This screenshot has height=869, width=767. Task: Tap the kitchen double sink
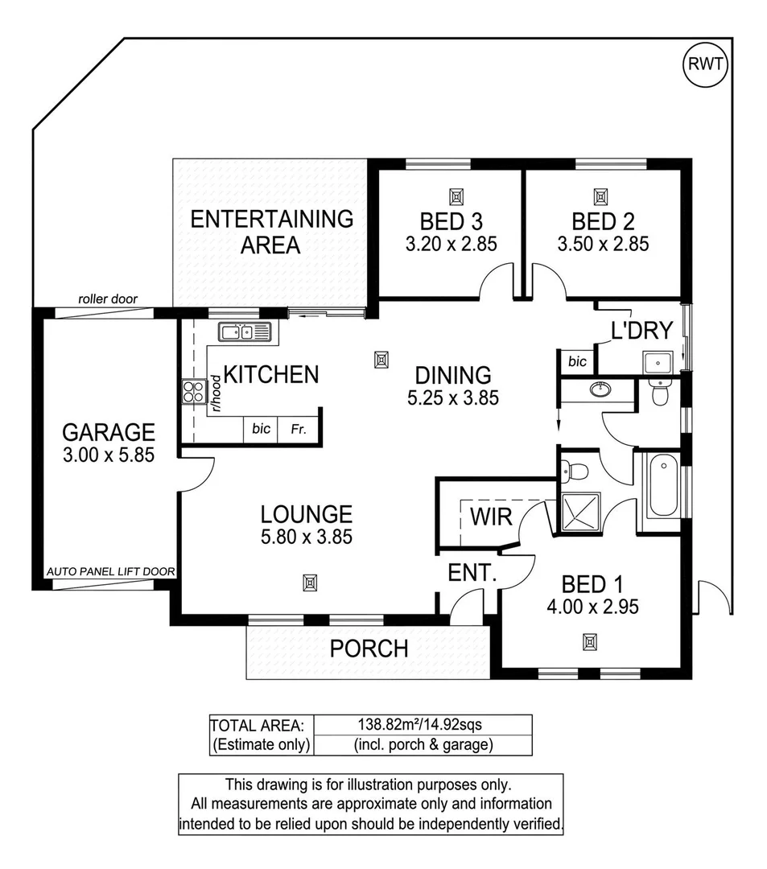tap(246, 332)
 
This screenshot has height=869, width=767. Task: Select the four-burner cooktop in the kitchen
tap(194, 392)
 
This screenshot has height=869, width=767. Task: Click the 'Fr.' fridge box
tap(299, 429)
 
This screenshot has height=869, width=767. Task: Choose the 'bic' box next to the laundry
tap(577, 362)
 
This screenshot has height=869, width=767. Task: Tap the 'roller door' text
tap(108, 299)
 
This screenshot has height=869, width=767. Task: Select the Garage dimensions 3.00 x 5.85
tap(109, 455)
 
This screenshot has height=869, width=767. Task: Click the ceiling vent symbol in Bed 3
tap(456, 196)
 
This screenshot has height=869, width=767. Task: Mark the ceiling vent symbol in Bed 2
tap(600, 196)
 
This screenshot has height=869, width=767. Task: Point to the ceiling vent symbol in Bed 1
tap(590, 641)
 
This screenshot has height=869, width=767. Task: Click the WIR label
tap(491, 516)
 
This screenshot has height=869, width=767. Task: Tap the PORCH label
tap(369, 648)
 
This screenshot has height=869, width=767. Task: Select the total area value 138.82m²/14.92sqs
tap(421, 724)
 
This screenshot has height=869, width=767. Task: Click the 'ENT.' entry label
tap(471, 574)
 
